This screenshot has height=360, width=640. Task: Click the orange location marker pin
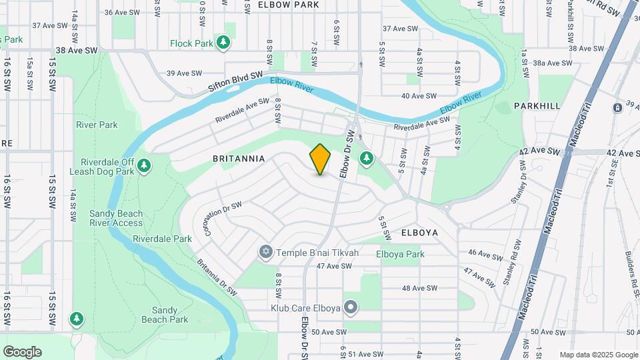(321, 159)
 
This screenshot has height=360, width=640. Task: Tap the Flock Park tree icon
(225, 43)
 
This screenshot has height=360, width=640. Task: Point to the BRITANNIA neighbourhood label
(239, 159)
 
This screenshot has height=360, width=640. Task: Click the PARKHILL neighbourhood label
(537, 106)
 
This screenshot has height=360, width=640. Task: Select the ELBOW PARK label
(289, 5)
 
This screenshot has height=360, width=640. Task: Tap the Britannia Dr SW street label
(217, 277)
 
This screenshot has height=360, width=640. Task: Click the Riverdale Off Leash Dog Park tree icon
(144, 165)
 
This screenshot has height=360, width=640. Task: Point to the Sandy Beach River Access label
(116, 218)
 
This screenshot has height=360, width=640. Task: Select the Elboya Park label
(400, 254)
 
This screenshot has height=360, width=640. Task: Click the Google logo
(22, 352)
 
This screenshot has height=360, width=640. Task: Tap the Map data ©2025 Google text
(599, 355)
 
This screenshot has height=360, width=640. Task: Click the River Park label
(97, 125)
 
